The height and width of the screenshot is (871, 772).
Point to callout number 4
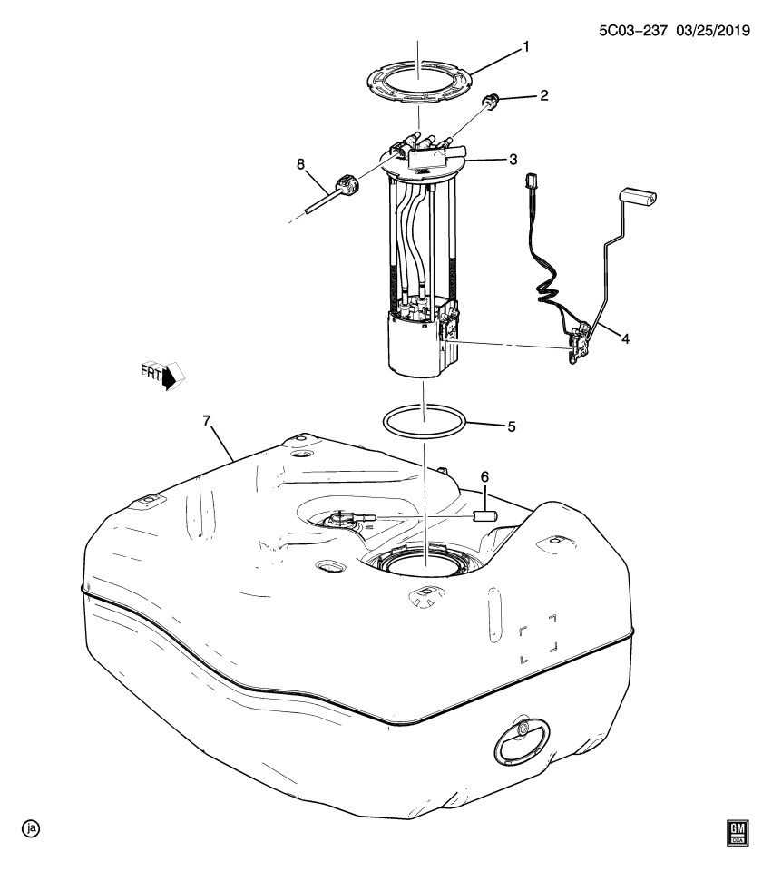625,339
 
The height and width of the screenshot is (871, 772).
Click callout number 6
484,476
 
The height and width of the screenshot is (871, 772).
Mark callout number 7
206,420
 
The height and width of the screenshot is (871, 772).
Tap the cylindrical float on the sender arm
638,195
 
